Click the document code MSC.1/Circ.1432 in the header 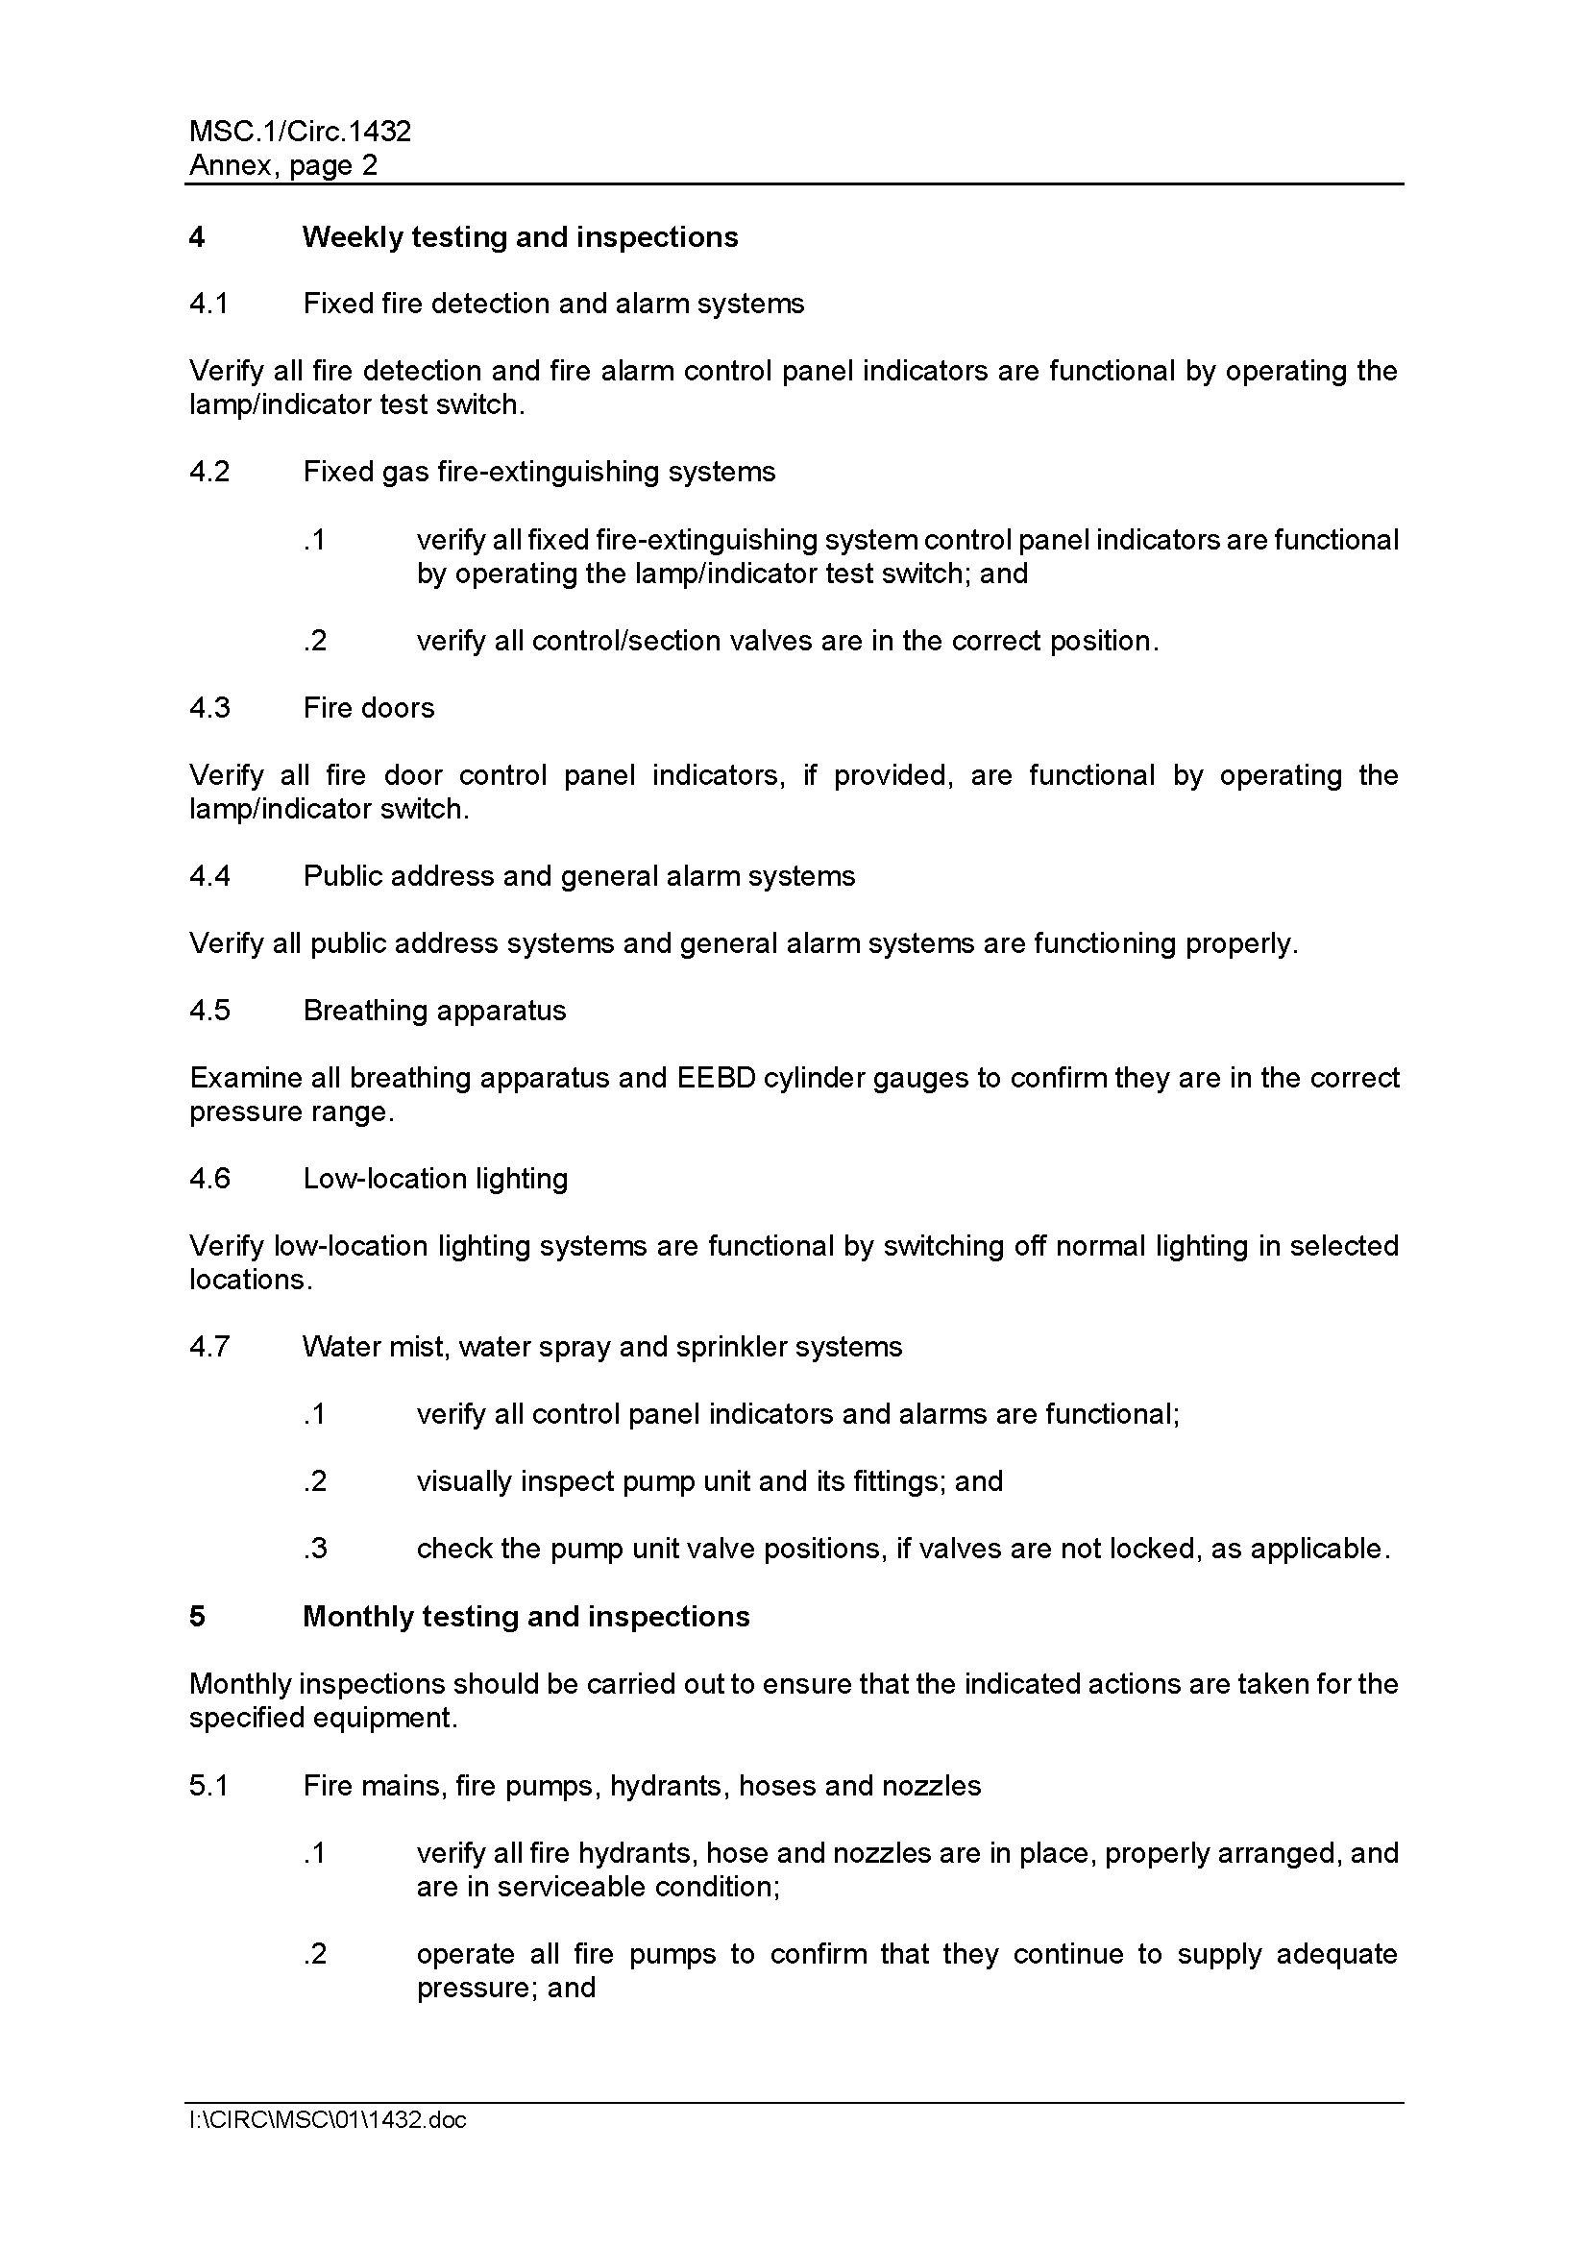300,132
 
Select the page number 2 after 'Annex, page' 369,164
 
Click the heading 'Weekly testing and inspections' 520,237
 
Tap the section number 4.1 208,304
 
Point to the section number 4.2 209,472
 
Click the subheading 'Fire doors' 368,708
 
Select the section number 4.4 209,876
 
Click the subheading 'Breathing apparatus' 434,1010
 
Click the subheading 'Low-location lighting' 435,1179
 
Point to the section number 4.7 209,1347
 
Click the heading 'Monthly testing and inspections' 526,1616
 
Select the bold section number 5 198,1616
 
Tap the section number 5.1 208,1785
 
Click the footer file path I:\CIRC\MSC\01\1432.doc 328,2120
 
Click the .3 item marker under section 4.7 314,1549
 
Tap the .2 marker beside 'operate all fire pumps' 314,1953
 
